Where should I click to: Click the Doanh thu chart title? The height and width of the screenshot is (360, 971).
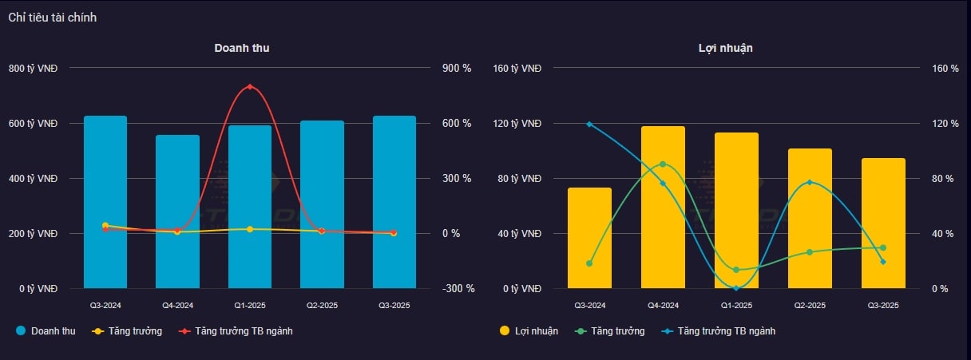[241, 48]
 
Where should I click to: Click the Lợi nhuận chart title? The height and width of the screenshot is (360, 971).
[725, 48]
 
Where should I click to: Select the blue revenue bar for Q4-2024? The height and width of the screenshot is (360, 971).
[177, 212]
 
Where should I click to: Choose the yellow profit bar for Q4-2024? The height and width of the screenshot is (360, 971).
[663, 207]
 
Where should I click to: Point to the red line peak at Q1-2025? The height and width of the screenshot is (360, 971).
[250, 86]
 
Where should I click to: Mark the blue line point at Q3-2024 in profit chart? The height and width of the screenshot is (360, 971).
[589, 124]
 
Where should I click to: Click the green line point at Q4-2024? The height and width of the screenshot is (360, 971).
[663, 164]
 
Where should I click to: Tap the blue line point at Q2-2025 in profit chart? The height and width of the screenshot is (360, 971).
[810, 182]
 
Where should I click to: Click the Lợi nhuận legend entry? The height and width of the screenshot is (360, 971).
[529, 330]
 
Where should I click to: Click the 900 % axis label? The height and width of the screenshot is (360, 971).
[458, 69]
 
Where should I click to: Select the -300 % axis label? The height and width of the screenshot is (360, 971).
[458, 289]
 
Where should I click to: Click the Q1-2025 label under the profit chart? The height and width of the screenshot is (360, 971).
[736, 305]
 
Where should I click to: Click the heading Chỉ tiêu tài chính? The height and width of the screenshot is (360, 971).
[53, 18]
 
